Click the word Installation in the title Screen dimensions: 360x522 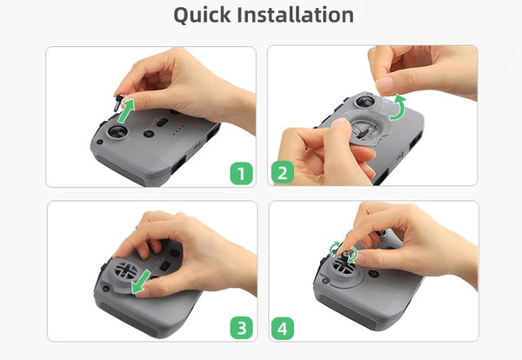coord(298,15)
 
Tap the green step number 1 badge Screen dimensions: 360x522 coord(243,173)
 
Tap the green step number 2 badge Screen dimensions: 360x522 coord(281,173)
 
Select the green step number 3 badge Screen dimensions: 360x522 coord(243,328)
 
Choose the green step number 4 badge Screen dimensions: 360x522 coord(281,328)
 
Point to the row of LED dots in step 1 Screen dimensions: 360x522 coord(177,134)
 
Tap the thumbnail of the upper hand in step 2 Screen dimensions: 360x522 coord(384,83)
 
